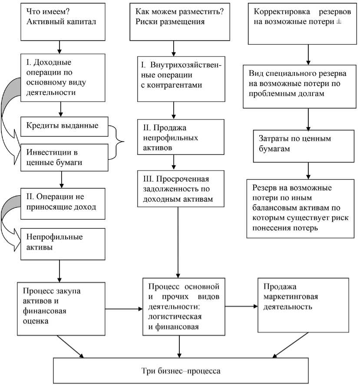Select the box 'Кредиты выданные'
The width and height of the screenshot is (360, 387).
tap(63, 126)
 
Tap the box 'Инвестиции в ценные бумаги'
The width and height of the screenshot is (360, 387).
tap(63, 157)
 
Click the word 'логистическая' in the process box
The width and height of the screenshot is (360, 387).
tap(173, 317)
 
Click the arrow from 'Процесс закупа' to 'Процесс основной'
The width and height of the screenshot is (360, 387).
tap(124, 309)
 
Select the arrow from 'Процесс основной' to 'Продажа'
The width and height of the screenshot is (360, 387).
tap(241, 305)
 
